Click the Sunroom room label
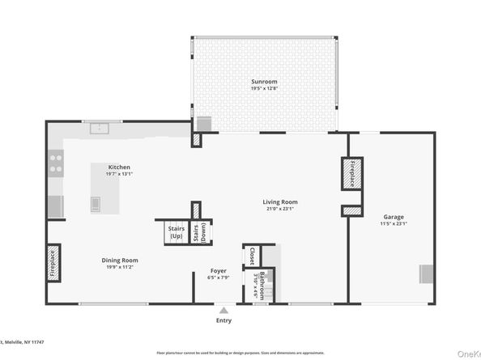coord(263,83)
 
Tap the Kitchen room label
coord(118,167)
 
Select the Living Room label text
coord(279,202)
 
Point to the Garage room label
coord(394,217)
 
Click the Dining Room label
coord(120,260)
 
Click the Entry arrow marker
coord(224,309)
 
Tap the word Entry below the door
coord(224,320)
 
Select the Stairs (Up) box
coord(176,232)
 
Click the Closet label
coord(252,256)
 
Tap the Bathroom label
coord(262,286)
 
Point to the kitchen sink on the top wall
coord(102,128)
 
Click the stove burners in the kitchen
coord(56,164)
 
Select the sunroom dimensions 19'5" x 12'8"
coord(263,90)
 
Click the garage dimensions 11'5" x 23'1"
coord(394,224)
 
